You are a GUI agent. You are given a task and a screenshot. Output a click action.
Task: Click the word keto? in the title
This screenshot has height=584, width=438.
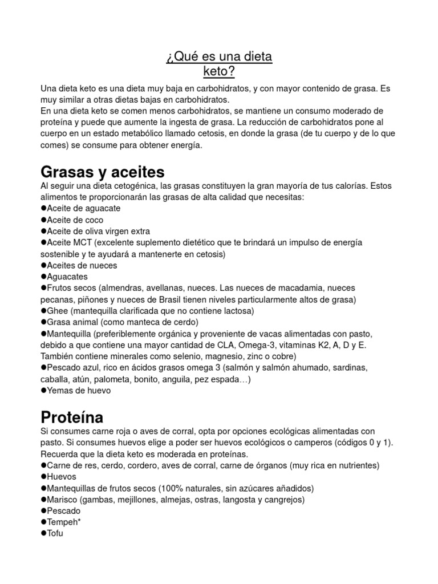click(219, 72)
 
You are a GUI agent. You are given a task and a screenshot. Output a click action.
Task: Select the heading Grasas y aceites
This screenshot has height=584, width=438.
click(103, 172)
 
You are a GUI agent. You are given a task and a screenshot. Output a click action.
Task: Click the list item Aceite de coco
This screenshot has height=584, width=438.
click(75, 220)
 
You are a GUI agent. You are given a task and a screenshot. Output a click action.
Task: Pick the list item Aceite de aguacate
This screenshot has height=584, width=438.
click(83, 208)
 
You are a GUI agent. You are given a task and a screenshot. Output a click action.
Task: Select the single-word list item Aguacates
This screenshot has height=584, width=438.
click(67, 277)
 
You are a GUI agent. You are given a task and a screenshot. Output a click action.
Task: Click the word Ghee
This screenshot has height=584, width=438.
click(58, 311)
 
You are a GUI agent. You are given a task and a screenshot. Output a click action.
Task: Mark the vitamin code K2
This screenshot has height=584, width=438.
click(322, 345)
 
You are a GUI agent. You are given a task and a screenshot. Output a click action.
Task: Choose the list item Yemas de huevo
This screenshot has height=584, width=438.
click(78, 391)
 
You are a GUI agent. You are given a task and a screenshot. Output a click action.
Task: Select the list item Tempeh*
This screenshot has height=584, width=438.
click(64, 522)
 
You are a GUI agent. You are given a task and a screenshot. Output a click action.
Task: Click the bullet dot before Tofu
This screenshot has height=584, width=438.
click(43, 534)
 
